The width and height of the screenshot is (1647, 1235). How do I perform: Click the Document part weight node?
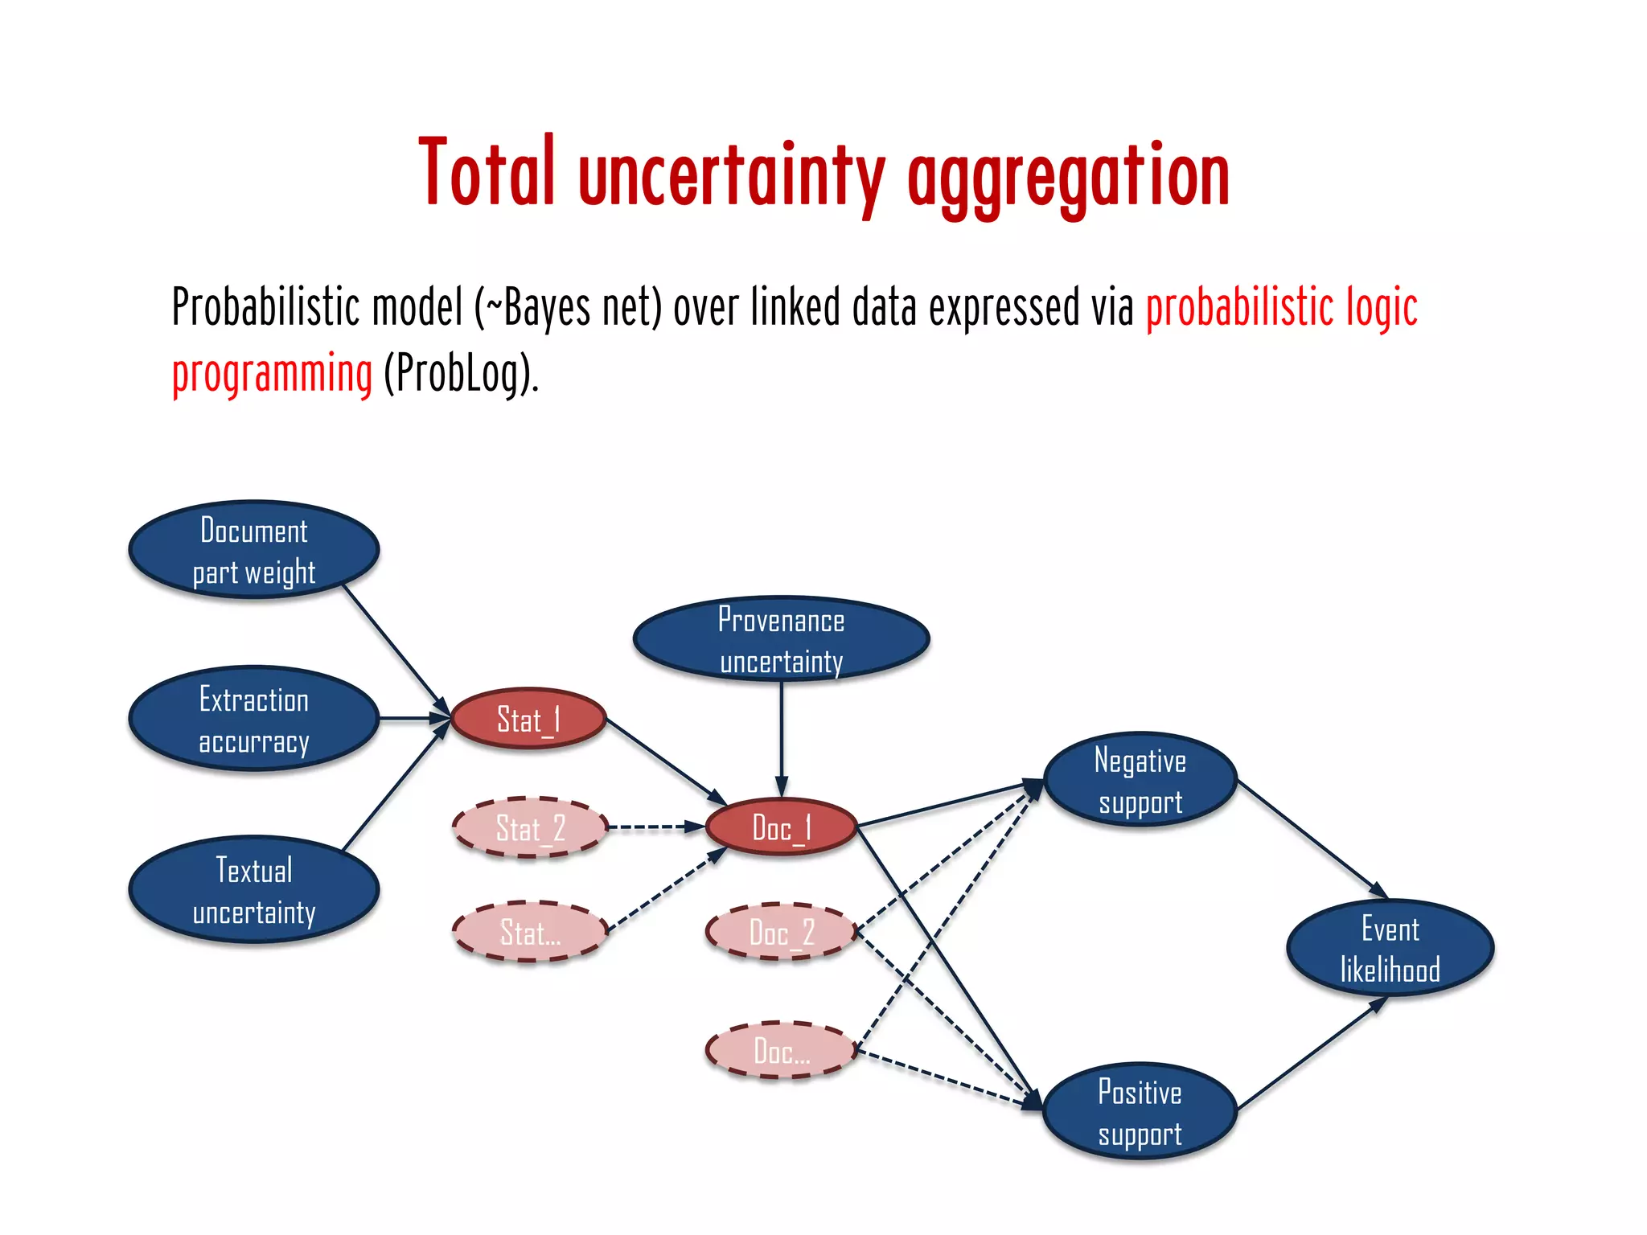[253, 551]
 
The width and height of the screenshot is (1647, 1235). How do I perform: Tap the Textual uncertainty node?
[253, 890]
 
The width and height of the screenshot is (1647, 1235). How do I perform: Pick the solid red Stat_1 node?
[528, 719]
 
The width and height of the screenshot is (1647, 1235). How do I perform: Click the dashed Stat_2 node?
[530, 827]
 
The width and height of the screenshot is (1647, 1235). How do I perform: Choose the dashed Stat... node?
[530, 932]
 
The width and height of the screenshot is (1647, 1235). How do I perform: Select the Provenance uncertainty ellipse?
[781, 640]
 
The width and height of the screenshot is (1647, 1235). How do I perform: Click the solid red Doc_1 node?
[781, 827]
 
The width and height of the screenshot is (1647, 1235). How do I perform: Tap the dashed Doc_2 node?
[781, 932]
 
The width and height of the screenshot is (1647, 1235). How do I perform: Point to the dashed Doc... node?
[781, 1051]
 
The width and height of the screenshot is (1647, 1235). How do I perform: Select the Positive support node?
[1140, 1112]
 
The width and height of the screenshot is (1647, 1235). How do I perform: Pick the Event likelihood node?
[1390, 949]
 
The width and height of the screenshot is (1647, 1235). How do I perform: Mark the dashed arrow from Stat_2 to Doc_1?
[655, 827]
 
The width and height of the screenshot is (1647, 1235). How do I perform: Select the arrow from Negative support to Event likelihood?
[1311, 838]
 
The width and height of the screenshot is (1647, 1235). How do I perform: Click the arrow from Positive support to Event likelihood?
[1311, 1054]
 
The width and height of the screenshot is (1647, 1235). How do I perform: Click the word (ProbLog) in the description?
[460, 374]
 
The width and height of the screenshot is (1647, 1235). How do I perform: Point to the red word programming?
[272, 374]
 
